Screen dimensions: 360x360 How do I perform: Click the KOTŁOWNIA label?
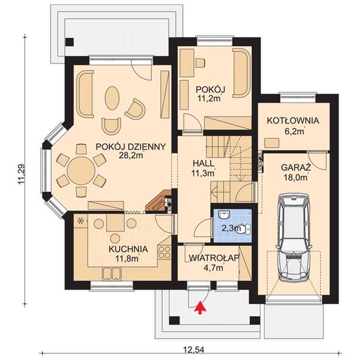pyautogui.click(x=293, y=120)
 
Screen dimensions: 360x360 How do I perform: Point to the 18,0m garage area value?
pyautogui.click(x=295, y=177)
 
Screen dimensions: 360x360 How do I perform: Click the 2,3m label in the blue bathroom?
pyautogui.click(x=231, y=227)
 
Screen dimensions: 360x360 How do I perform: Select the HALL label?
pyautogui.click(x=203, y=164)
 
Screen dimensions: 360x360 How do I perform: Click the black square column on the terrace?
pyautogui.click(x=70, y=43)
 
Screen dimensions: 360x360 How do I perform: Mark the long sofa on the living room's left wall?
pyautogui.click(x=85, y=90)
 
